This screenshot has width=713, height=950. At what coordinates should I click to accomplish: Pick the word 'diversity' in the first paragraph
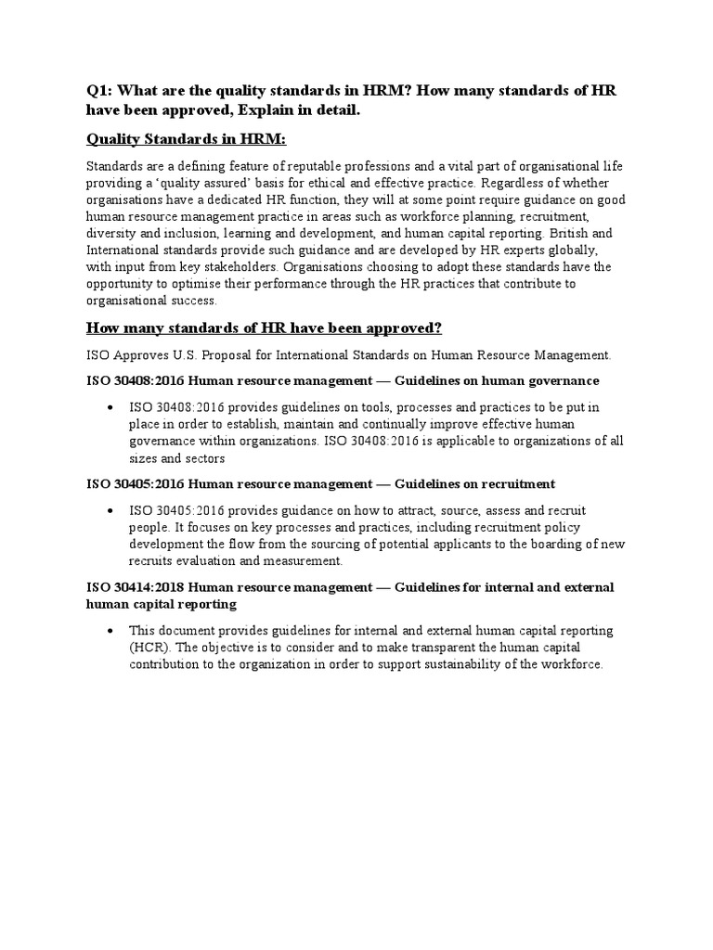[x=111, y=234]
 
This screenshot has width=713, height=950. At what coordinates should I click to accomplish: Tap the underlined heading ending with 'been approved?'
[x=264, y=327]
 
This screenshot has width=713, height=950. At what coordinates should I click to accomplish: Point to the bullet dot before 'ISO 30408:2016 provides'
[x=110, y=407]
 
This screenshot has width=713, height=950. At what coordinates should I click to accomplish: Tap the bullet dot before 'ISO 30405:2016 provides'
[x=110, y=511]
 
